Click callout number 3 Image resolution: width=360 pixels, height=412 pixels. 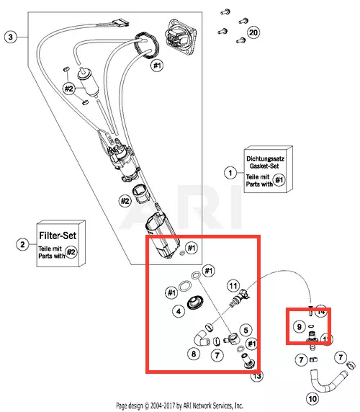[11, 37]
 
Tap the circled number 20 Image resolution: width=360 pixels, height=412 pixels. [253, 32]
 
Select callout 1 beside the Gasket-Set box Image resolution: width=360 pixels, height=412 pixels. [230, 173]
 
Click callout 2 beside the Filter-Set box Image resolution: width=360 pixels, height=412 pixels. [22, 244]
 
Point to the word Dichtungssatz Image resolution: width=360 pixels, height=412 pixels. [265, 158]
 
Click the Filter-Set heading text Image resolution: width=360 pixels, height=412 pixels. [58, 236]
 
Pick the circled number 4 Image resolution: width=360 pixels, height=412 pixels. [179, 311]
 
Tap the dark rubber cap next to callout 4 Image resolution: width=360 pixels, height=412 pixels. [195, 303]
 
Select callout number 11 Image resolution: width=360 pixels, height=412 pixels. [233, 286]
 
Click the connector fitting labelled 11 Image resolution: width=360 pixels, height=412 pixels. [240, 297]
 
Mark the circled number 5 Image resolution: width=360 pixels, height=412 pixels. [246, 330]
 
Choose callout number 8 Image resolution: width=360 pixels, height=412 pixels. [194, 354]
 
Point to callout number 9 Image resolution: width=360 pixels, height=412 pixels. [300, 326]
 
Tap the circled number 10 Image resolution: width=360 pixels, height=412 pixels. [312, 399]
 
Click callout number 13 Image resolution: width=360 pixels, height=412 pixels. [257, 376]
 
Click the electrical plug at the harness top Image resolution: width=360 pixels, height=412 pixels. [120, 23]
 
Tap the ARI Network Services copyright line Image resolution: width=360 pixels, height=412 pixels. [179, 406]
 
